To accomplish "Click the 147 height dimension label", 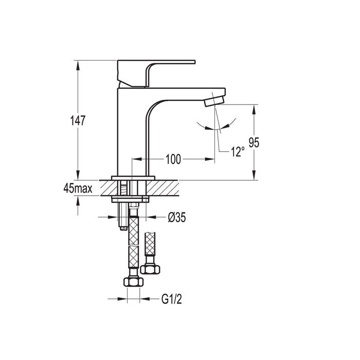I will (77, 120).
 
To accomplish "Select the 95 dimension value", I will (254, 142).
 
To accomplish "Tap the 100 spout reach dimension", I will (173, 159).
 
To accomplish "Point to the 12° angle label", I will (237, 152).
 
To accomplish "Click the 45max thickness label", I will (78, 188).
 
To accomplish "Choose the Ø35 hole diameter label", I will (176, 218).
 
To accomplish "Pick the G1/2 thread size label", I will (172, 298).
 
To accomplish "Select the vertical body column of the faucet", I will (133, 134).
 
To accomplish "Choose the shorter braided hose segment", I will (151, 245).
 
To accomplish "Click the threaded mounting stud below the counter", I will (123, 216).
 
